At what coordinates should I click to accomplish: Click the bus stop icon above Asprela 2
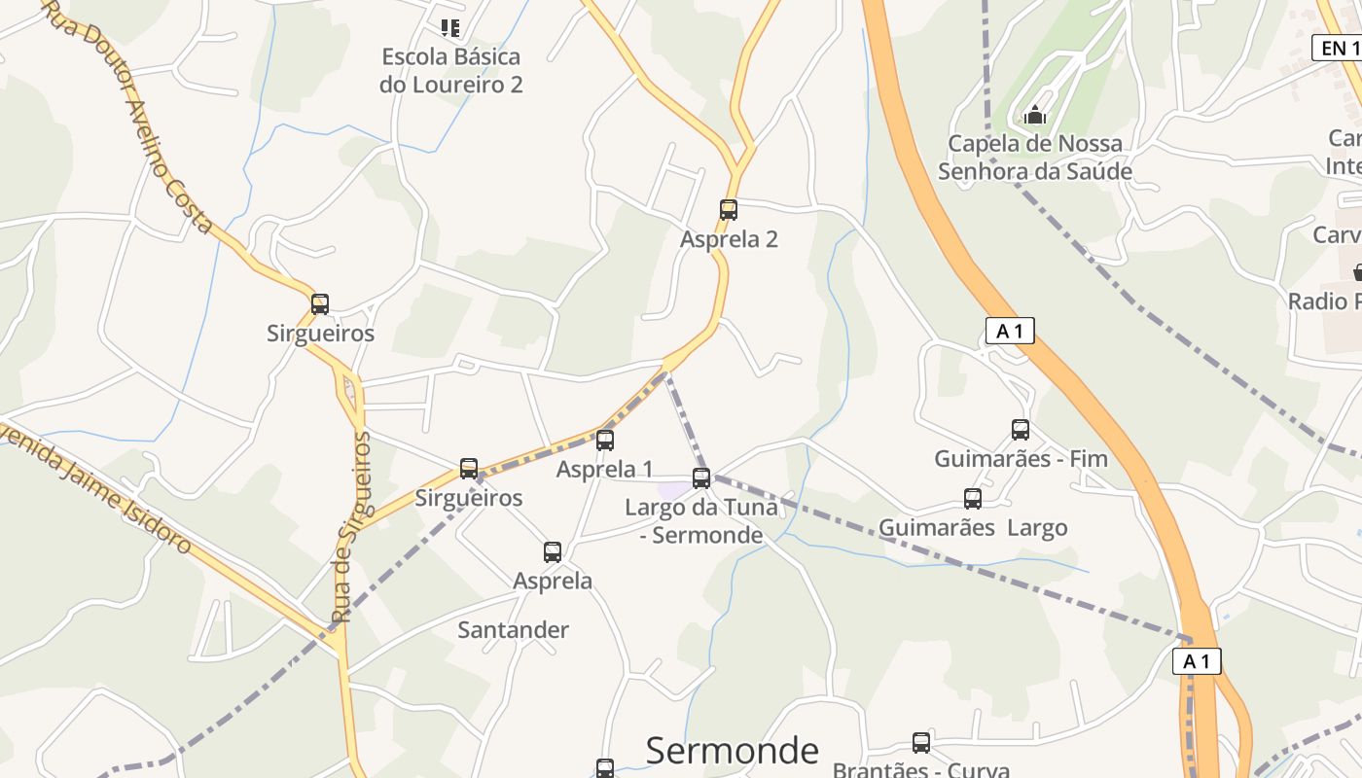coord(728,209)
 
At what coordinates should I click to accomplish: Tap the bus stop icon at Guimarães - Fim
coord(1020,429)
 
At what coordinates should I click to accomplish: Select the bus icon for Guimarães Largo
coord(972,499)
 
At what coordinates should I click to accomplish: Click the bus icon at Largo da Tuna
coord(701,477)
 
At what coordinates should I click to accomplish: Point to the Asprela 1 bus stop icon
coord(605,441)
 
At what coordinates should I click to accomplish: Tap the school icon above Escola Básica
coord(449,27)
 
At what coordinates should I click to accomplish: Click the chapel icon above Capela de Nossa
coord(1035,115)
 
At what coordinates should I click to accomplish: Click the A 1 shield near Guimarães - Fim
coord(1010,331)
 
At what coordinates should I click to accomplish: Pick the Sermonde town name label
coord(733,751)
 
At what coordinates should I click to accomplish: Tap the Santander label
coord(514,630)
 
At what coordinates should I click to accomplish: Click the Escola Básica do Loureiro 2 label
coord(450,70)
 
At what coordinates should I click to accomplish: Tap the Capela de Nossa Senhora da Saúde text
coord(1035,158)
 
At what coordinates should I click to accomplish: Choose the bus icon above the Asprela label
coord(553,551)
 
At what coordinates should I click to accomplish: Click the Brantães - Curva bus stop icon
coord(920,743)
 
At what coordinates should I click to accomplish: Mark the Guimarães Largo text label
coord(973,528)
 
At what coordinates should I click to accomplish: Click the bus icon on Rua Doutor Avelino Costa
coord(319,303)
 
